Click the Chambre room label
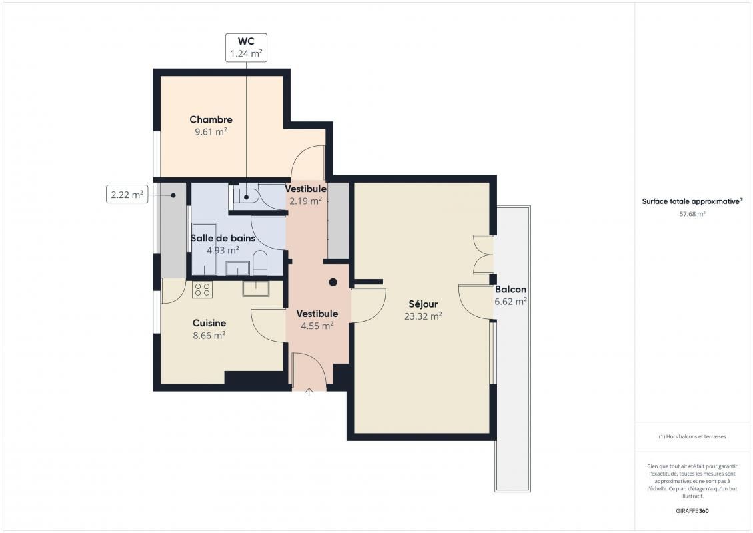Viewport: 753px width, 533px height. (211, 119)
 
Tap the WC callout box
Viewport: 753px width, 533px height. (247, 47)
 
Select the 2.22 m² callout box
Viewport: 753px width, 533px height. (127, 194)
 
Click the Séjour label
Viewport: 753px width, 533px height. (423, 304)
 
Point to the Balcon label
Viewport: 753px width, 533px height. (510, 290)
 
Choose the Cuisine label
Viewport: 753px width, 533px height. (209, 323)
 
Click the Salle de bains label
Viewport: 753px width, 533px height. (223, 238)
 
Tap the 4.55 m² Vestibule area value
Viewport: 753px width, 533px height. (317, 326)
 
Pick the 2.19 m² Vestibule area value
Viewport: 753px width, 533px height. (305, 201)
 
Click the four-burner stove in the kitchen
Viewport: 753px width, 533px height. (202, 290)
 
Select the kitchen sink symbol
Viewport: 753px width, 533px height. (256, 288)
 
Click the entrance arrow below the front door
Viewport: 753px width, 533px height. (309, 392)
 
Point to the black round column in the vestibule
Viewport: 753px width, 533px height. (333, 282)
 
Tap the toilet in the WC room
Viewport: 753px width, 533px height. (247, 197)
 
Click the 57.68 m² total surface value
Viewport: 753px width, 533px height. (692, 214)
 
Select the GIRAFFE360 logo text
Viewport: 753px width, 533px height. (692, 510)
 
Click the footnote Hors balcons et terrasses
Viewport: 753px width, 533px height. (692, 436)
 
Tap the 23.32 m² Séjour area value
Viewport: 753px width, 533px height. (423, 316)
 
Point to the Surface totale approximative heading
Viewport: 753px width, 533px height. (692, 201)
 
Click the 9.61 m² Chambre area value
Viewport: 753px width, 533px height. (211, 131)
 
